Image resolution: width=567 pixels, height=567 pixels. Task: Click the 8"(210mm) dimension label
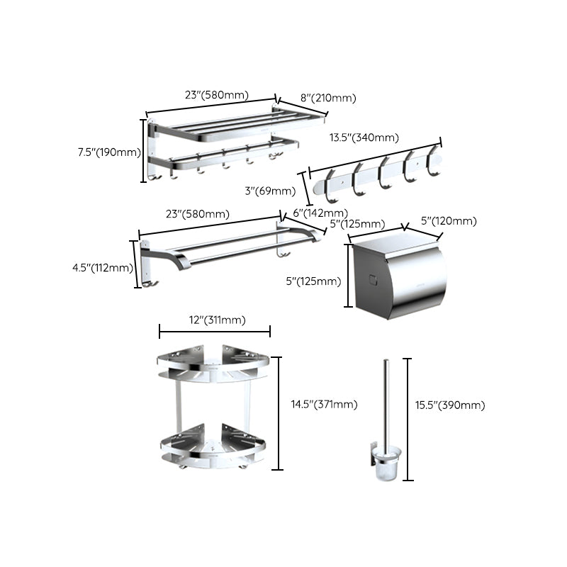click(318, 99)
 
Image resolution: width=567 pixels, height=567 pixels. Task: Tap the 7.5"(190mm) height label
click(109, 152)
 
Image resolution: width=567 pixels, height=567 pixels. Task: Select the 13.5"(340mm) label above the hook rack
click(364, 137)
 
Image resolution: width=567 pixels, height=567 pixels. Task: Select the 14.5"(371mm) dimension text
click(324, 405)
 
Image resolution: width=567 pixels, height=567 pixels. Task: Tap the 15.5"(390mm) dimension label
click(449, 405)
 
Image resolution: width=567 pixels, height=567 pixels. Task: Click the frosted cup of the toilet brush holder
click(387, 460)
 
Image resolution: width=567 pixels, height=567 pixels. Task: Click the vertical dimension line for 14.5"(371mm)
click(279, 413)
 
